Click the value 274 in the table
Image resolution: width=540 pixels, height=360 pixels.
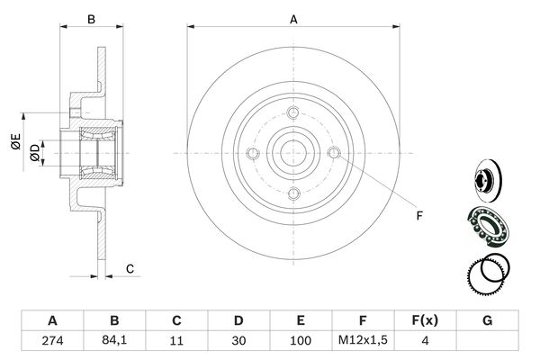53,341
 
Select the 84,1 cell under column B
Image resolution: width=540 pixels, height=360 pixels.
114,340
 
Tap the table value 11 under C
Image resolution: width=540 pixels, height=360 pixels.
176,341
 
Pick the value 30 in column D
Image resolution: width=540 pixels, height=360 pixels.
238,341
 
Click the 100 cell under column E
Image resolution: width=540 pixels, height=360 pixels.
301,341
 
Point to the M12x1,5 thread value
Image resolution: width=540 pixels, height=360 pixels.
363,340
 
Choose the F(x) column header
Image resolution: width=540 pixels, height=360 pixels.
425,320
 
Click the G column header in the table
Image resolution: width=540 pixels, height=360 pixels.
487,320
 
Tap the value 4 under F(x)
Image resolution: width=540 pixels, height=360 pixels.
426,341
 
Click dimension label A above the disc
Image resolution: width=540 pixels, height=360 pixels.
293,20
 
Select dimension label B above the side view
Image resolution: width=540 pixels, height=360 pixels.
91,20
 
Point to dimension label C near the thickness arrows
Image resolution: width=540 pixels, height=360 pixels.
130,269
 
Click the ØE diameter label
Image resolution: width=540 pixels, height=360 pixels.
16,141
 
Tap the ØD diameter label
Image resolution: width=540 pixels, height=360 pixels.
35,153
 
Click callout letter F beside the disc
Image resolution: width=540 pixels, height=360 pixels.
419,216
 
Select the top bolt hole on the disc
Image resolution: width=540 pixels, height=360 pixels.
293,112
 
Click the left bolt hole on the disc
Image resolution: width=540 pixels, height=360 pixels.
253,153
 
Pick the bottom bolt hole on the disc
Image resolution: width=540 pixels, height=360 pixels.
293,193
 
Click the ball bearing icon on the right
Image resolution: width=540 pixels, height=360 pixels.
489,226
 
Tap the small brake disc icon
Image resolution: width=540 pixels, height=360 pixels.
488,181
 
